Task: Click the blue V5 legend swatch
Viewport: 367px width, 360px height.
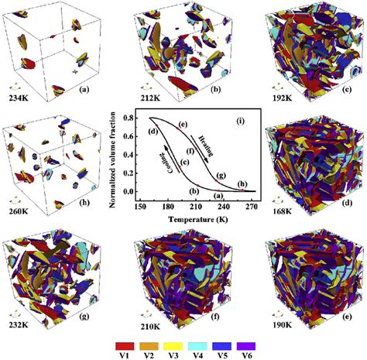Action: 222,338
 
